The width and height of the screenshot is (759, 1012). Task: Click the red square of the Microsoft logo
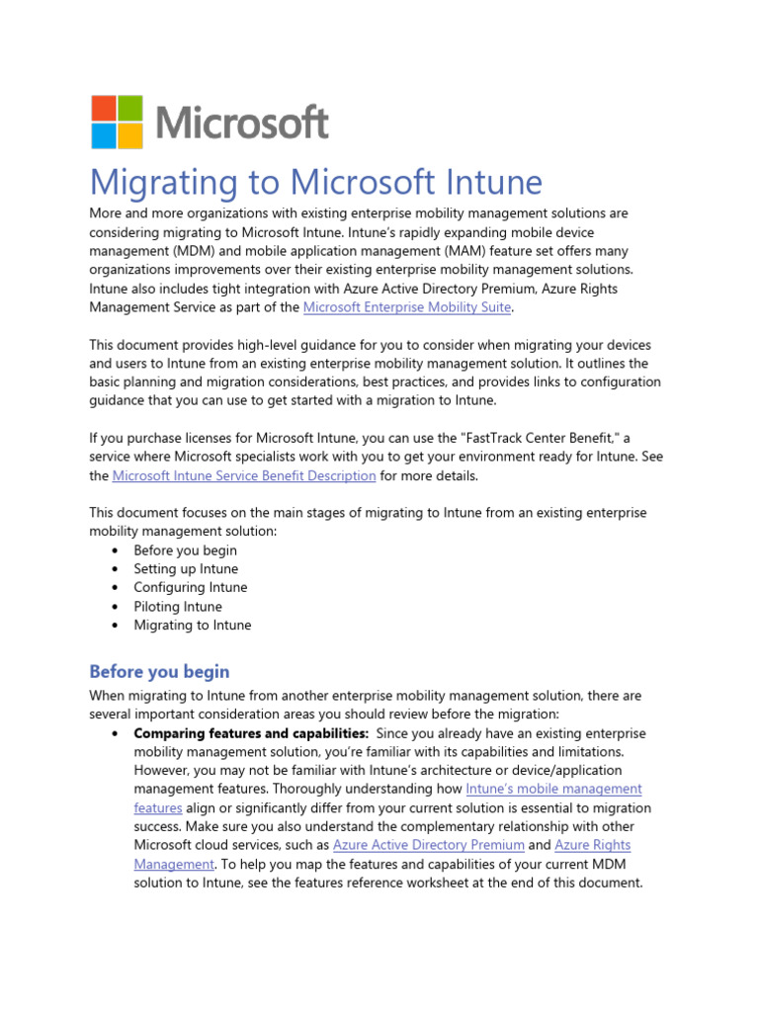tap(104, 108)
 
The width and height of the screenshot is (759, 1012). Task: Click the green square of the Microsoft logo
tap(130, 108)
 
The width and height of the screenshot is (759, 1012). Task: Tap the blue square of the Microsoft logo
tap(104, 135)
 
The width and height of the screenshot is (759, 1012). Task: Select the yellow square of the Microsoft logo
tap(130, 135)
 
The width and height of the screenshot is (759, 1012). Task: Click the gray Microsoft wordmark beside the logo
tap(242, 124)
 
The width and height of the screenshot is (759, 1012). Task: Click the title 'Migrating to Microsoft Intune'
tap(316, 183)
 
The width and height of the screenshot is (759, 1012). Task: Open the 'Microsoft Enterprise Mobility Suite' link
tap(407, 307)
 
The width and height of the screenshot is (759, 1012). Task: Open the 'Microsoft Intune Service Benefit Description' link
tap(244, 476)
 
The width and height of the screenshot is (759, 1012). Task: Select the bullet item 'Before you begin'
tap(185, 550)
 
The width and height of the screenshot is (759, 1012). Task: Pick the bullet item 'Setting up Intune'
tap(186, 569)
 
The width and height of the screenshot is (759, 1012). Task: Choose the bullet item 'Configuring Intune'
tap(191, 588)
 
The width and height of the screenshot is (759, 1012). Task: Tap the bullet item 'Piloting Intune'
tap(178, 607)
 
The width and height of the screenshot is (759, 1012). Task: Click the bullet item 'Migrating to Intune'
tap(193, 626)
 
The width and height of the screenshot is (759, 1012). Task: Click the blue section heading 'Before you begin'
tap(159, 672)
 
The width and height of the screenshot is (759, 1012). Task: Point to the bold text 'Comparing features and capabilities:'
tap(251, 733)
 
